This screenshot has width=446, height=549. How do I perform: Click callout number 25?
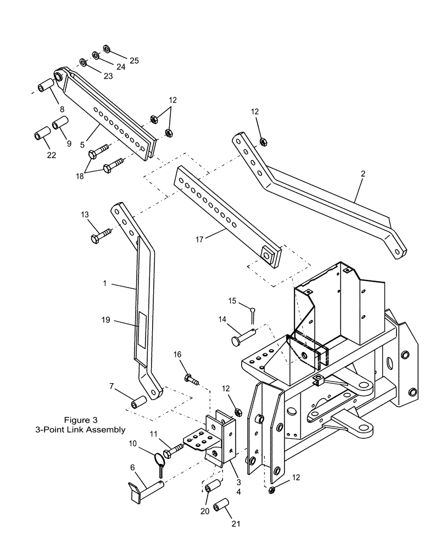[133, 60]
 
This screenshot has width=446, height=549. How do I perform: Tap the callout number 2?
[363, 173]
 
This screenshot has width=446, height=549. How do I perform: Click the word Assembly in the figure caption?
[106, 430]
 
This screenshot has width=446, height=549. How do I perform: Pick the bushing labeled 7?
[137, 404]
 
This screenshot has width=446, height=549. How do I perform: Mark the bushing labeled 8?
[45, 86]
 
